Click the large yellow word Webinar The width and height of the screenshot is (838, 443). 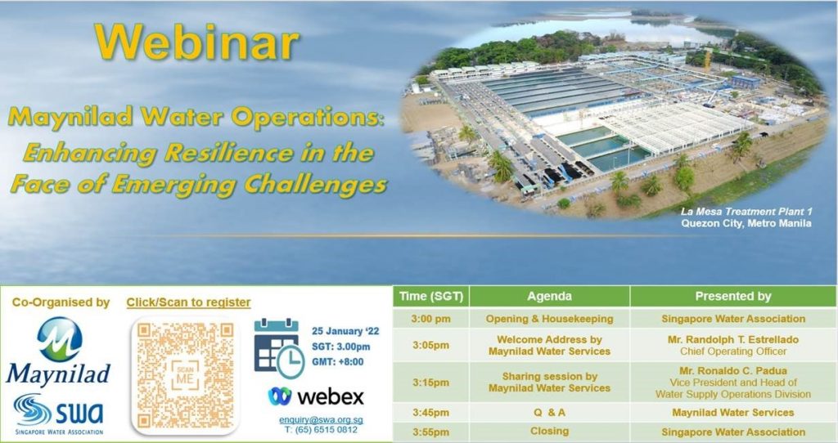click(196, 42)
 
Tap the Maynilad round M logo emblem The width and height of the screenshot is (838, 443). click(59, 339)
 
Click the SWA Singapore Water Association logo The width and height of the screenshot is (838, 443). click(59, 414)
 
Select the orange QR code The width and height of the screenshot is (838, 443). click(185, 375)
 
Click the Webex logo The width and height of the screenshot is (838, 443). click(316, 397)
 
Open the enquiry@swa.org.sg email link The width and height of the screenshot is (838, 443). click(321, 420)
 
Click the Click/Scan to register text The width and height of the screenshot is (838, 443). click(189, 302)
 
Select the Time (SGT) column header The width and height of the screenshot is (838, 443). click(430, 297)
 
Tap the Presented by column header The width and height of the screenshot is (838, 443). click(733, 297)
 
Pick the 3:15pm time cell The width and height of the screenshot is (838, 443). click(430, 383)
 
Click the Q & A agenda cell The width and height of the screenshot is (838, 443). click(549, 413)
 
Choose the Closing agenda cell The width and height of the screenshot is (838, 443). click(549, 432)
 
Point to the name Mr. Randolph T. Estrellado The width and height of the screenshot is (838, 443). click(733, 340)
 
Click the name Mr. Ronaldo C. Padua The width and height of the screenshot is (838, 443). click(733, 371)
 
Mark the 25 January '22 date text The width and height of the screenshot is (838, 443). click(345, 331)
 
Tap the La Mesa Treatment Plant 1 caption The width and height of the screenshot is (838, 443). click(746, 212)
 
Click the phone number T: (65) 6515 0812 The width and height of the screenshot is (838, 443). click(321, 430)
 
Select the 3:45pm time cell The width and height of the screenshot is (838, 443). click(430, 413)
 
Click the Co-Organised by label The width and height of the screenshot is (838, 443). click(61, 302)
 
